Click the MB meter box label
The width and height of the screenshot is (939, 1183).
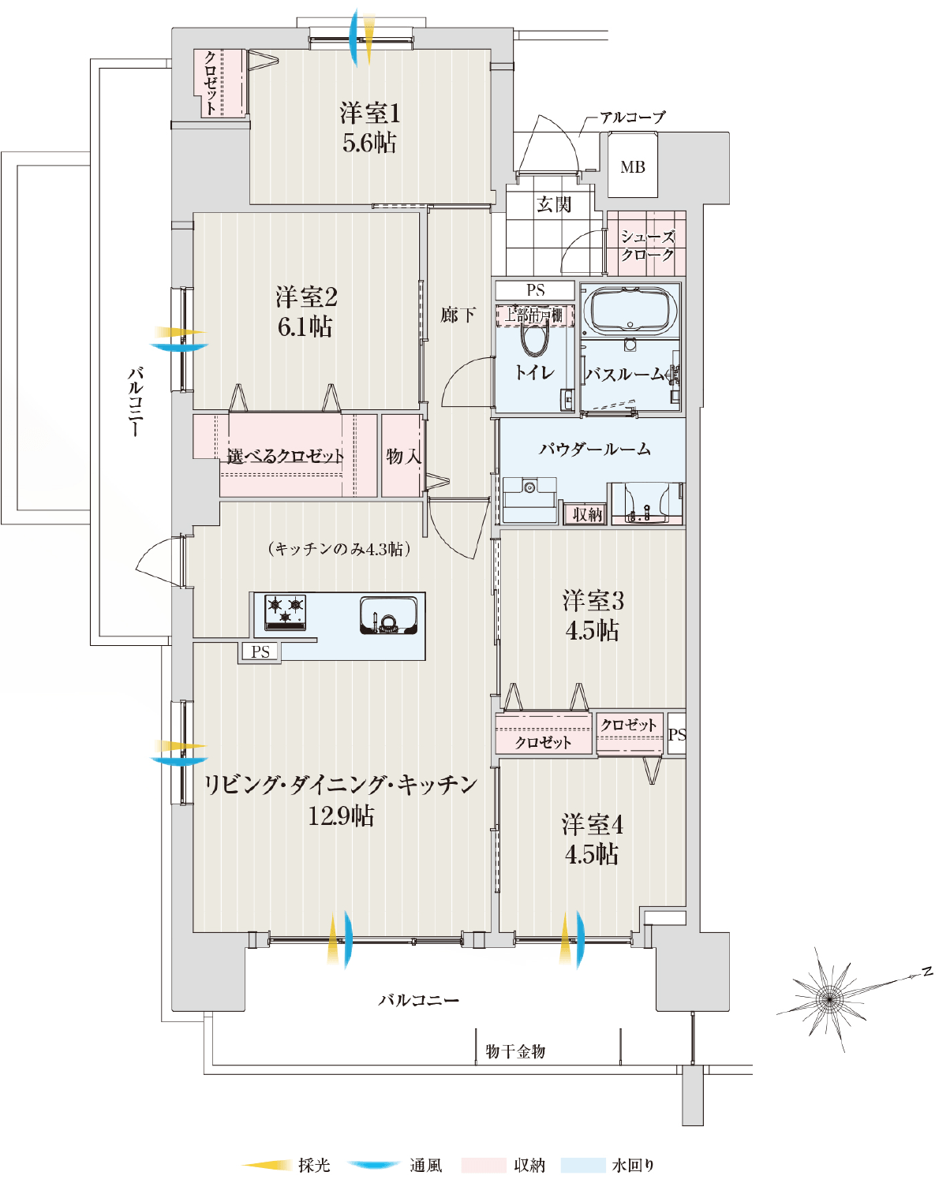point(632,167)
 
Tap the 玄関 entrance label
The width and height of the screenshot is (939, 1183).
point(554,205)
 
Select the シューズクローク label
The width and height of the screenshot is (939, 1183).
point(647,245)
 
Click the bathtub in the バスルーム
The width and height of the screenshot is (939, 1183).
point(630,312)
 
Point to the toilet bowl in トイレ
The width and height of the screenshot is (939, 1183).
point(534,339)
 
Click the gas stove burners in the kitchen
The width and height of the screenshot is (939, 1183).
point(285,612)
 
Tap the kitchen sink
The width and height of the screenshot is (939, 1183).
point(388,615)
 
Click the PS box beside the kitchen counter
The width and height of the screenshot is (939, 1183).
point(260,652)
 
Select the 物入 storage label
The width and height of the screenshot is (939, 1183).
point(403,457)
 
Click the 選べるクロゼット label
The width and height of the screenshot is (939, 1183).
point(286,457)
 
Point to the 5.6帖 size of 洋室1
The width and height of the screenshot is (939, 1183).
point(369,144)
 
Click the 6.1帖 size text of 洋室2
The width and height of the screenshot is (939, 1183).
point(305,327)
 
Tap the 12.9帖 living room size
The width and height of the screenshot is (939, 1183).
point(341,815)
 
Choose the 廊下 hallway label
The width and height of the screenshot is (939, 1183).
point(458,315)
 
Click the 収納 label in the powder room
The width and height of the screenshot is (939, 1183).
point(587,514)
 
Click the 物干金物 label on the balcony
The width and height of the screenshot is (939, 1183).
point(515,1051)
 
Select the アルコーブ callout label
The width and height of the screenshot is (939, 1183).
point(632,118)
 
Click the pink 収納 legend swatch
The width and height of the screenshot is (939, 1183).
point(483,1165)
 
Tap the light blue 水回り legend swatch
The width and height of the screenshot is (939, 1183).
point(583,1165)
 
